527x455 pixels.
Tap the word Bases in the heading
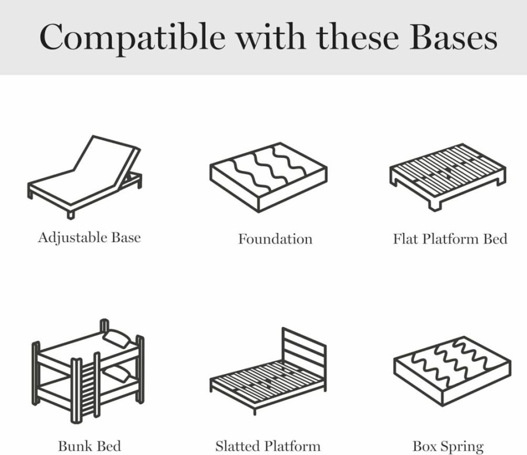(x=453, y=37)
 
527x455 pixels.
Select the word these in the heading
(x=357, y=37)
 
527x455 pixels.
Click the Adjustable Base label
(x=89, y=238)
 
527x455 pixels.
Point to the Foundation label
(x=275, y=239)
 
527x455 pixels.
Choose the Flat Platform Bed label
(x=450, y=239)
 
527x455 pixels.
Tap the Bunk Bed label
(x=89, y=446)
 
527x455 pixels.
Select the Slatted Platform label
(x=268, y=446)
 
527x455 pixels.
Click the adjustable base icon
(x=84, y=177)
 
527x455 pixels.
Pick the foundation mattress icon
(x=268, y=177)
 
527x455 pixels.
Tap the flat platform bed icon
(x=448, y=177)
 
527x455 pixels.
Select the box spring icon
(x=452, y=371)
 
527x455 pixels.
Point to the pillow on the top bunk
(x=116, y=337)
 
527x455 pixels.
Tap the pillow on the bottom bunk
(x=116, y=373)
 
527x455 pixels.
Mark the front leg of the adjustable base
(x=71, y=215)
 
